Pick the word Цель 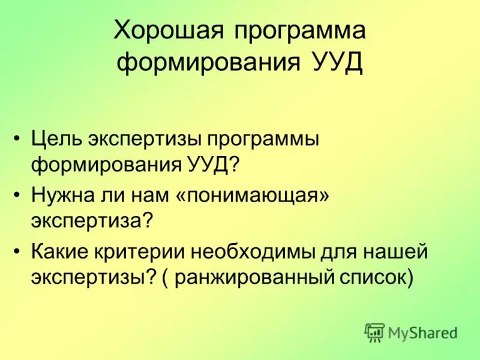tap(56, 139)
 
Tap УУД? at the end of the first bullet tap(211, 164)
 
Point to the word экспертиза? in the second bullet tap(94, 220)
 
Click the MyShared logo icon tap(374, 332)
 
